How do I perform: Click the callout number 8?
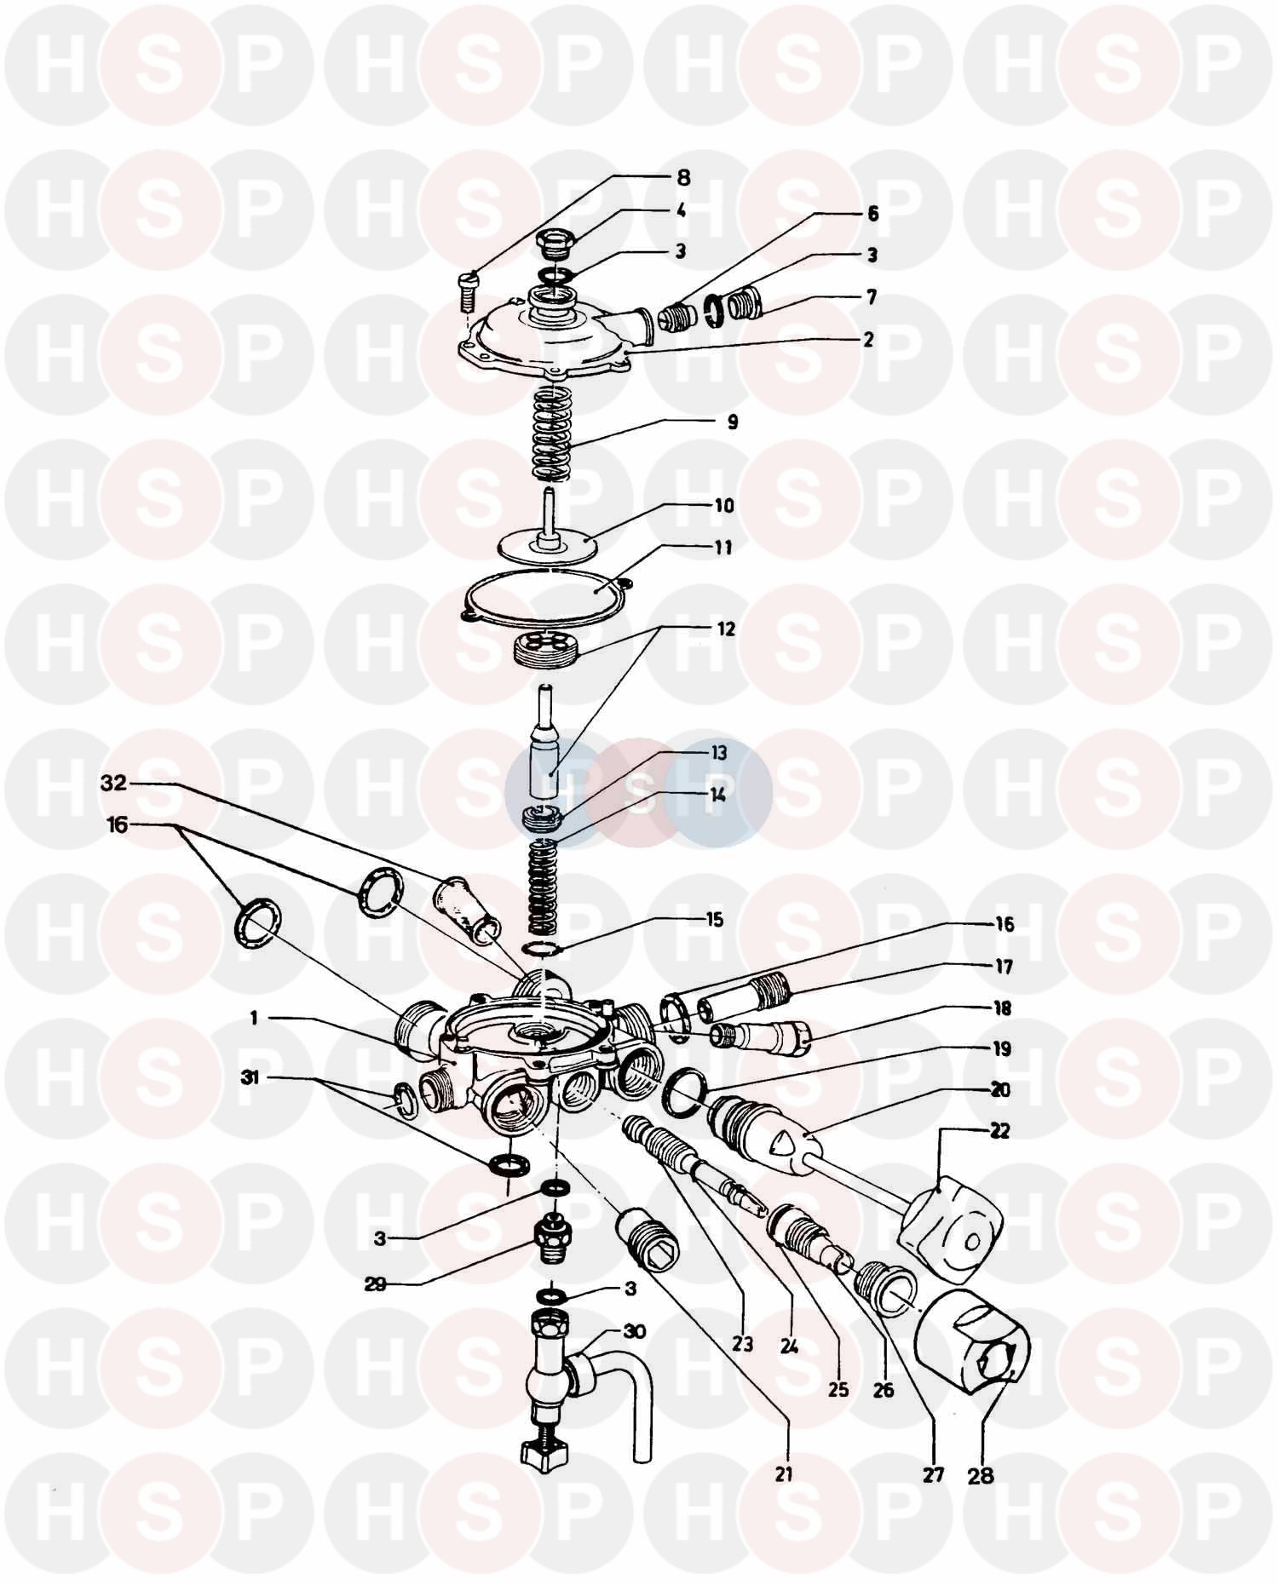pyautogui.click(x=683, y=178)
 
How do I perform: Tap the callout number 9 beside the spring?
pyautogui.click(x=732, y=422)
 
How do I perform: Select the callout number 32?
pyautogui.click(x=113, y=784)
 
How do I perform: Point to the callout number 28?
pyautogui.click(x=981, y=1475)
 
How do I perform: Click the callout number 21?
pyautogui.click(x=784, y=1473)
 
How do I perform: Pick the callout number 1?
pyautogui.click(x=254, y=1019)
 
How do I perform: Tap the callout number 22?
pyautogui.click(x=1000, y=1131)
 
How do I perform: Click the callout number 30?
pyautogui.click(x=634, y=1330)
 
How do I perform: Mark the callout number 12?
pyautogui.click(x=725, y=630)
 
